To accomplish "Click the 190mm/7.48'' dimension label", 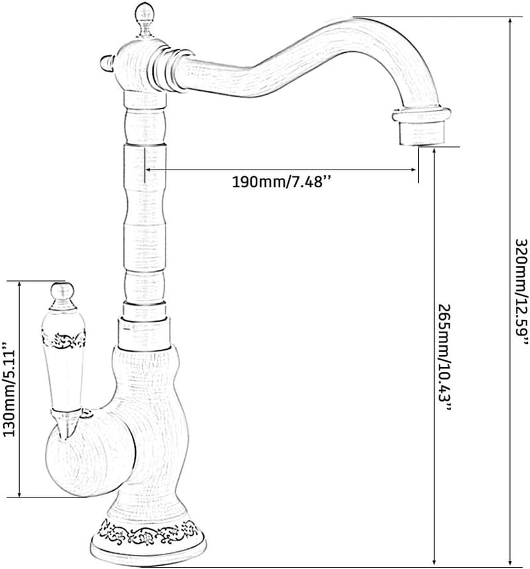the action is pyautogui.click(x=282, y=181).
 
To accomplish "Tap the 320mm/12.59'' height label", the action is pyautogui.click(x=521, y=291).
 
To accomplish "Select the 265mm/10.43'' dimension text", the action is pyautogui.click(x=445, y=358).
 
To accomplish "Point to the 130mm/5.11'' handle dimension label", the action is pyautogui.click(x=9, y=389).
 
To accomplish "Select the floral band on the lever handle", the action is pyautogui.click(x=64, y=339).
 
